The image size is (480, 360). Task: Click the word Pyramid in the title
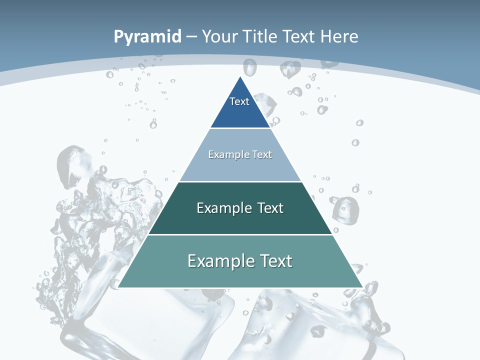(x=147, y=37)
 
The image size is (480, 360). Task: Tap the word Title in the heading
(x=261, y=37)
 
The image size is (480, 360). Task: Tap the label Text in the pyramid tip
(x=239, y=101)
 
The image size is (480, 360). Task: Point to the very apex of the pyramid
(x=240, y=77)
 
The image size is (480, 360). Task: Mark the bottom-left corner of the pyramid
(x=119, y=287)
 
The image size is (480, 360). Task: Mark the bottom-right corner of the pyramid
(x=361, y=287)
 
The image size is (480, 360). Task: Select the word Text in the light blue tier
(x=262, y=154)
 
